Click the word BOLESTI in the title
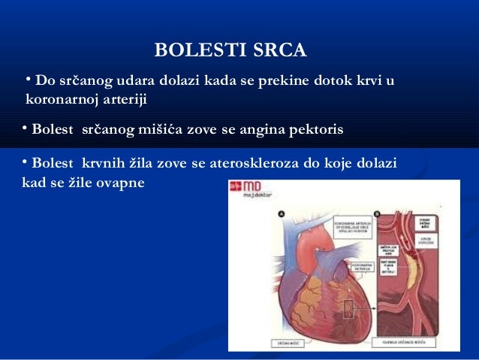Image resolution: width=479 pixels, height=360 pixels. tap(193, 50)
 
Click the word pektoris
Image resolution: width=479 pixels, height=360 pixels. tap(314, 130)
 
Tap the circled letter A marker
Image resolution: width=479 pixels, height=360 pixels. tap(282, 213)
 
